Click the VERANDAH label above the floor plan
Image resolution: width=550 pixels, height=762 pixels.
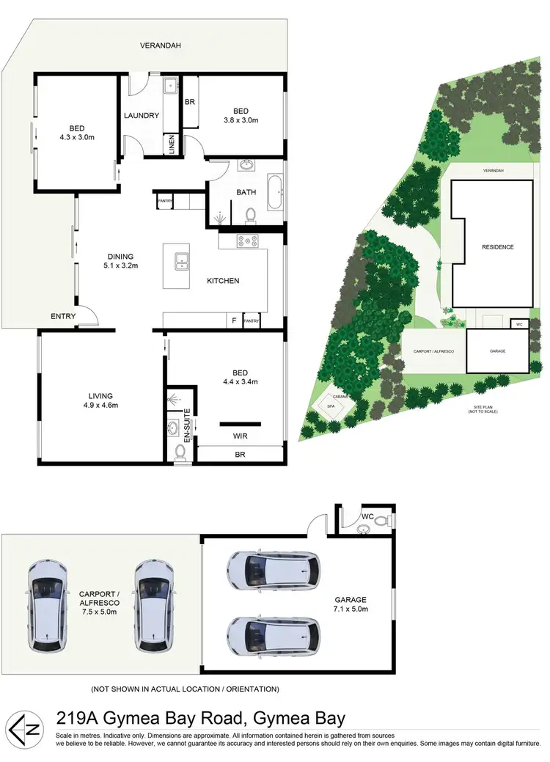(161, 45)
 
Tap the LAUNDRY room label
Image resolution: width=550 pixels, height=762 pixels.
(142, 116)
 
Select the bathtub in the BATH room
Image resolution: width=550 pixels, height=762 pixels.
(275, 193)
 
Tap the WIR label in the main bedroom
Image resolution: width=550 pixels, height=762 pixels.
(240, 436)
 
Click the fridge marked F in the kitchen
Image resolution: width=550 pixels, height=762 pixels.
(232, 321)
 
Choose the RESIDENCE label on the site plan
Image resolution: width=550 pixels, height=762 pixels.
(498, 247)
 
